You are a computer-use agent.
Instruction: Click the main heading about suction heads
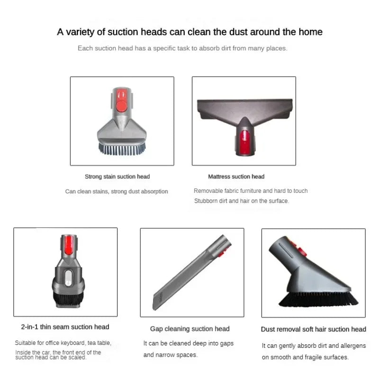[189, 32]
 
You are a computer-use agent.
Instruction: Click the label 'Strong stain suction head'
[117, 177]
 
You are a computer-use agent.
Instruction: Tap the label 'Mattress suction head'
[236, 177]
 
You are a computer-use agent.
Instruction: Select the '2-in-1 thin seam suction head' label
[65, 327]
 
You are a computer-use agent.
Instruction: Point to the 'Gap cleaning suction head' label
[189, 329]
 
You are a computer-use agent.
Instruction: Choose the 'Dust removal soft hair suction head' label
[313, 329]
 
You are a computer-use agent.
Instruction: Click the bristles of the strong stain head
[122, 148]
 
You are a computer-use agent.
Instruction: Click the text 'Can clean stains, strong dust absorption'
[117, 191]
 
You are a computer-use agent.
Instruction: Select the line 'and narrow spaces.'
[170, 355]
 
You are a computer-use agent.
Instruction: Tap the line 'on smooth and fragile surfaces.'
[305, 357]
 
